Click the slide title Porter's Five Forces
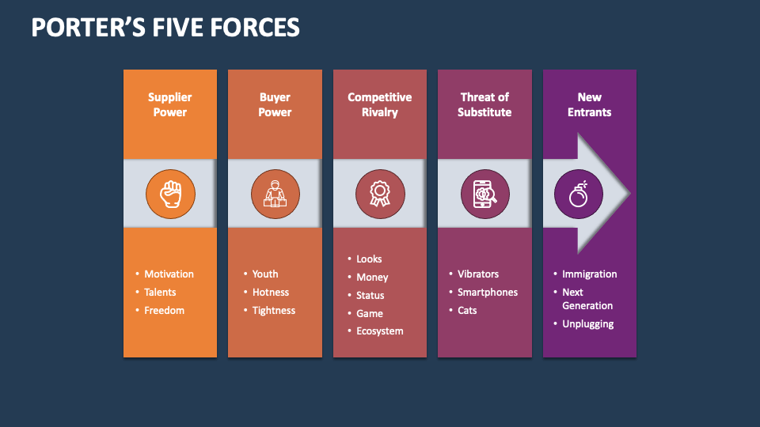point(165,28)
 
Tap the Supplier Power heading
point(170,104)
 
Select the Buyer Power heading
point(275,104)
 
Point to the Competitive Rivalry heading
point(380,104)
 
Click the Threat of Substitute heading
point(484,104)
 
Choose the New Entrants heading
point(589,104)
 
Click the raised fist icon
point(170,193)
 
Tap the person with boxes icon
point(275,193)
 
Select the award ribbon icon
point(380,193)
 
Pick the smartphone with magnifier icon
point(484,193)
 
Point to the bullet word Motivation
point(169,274)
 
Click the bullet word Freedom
point(164,311)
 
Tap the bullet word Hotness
point(271,293)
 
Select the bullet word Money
point(372,278)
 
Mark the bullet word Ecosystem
point(379,331)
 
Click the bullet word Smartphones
point(488,293)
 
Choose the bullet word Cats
point(467,311)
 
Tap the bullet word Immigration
point(589,274)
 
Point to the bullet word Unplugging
point(587,324)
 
